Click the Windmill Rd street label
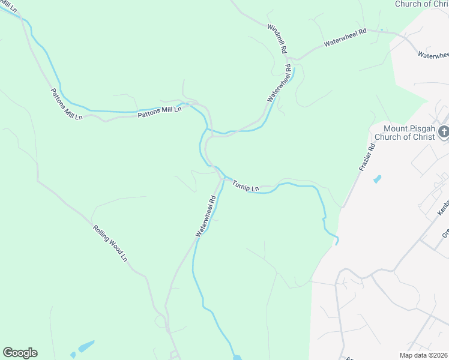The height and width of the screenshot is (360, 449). point(277,38)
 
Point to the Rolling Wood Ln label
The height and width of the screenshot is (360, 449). point(110,243)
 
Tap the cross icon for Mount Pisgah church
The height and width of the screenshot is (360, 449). point(444,132)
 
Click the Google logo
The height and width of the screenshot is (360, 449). point(20,353)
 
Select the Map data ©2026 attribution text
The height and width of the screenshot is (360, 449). point(424,355)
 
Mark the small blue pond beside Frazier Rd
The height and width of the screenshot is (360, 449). point(376,179)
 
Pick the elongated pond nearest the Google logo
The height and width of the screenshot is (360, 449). point(85,347)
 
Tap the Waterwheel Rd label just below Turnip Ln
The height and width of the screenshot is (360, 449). point(205,214)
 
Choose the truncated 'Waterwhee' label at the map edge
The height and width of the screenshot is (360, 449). point(433,55)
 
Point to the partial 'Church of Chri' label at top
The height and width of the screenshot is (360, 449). point(421,4)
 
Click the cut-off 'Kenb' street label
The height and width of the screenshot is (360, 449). point(444,207)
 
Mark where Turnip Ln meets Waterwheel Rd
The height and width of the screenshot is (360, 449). point(223,177)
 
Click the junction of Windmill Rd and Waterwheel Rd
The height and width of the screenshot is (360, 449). point(289,61)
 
